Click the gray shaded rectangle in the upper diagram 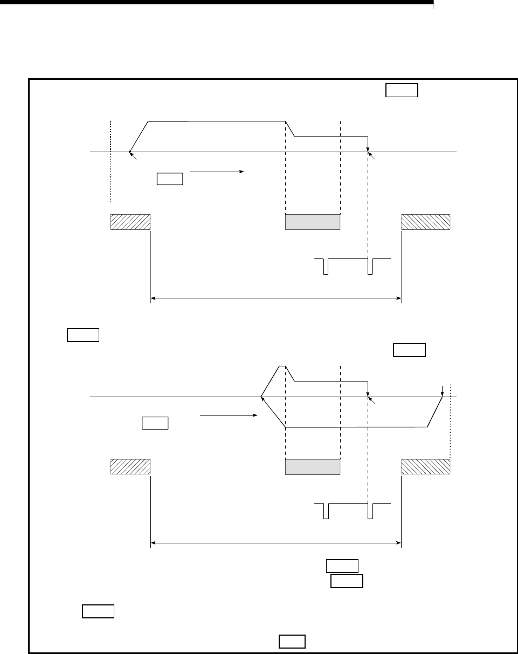click(x=313, y=222)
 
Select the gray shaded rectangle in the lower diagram click(x=313, y=467)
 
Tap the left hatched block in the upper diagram click(x=130, y=222)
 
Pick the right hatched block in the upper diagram click(x=426, y=222)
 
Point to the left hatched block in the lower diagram click(x=130, y=467)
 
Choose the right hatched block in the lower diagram click(x=426, y=467)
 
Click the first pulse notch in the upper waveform click(x=326, y=267)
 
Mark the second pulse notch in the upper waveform click(x=370, y=267)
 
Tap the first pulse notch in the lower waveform click(x=326, y=511)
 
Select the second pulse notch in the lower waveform click(x=370, y=511)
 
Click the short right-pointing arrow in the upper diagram click(x=217, y=172)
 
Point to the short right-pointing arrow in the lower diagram click(x=227, y=415)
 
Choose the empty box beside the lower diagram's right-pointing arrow click(x=155, y=423)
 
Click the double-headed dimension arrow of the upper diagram click(x=275, y=297)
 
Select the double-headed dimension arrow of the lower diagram click(x=275, y=542)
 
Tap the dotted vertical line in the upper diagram click(x=110, y=162)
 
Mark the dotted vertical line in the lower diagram click(x=450, y=421)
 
